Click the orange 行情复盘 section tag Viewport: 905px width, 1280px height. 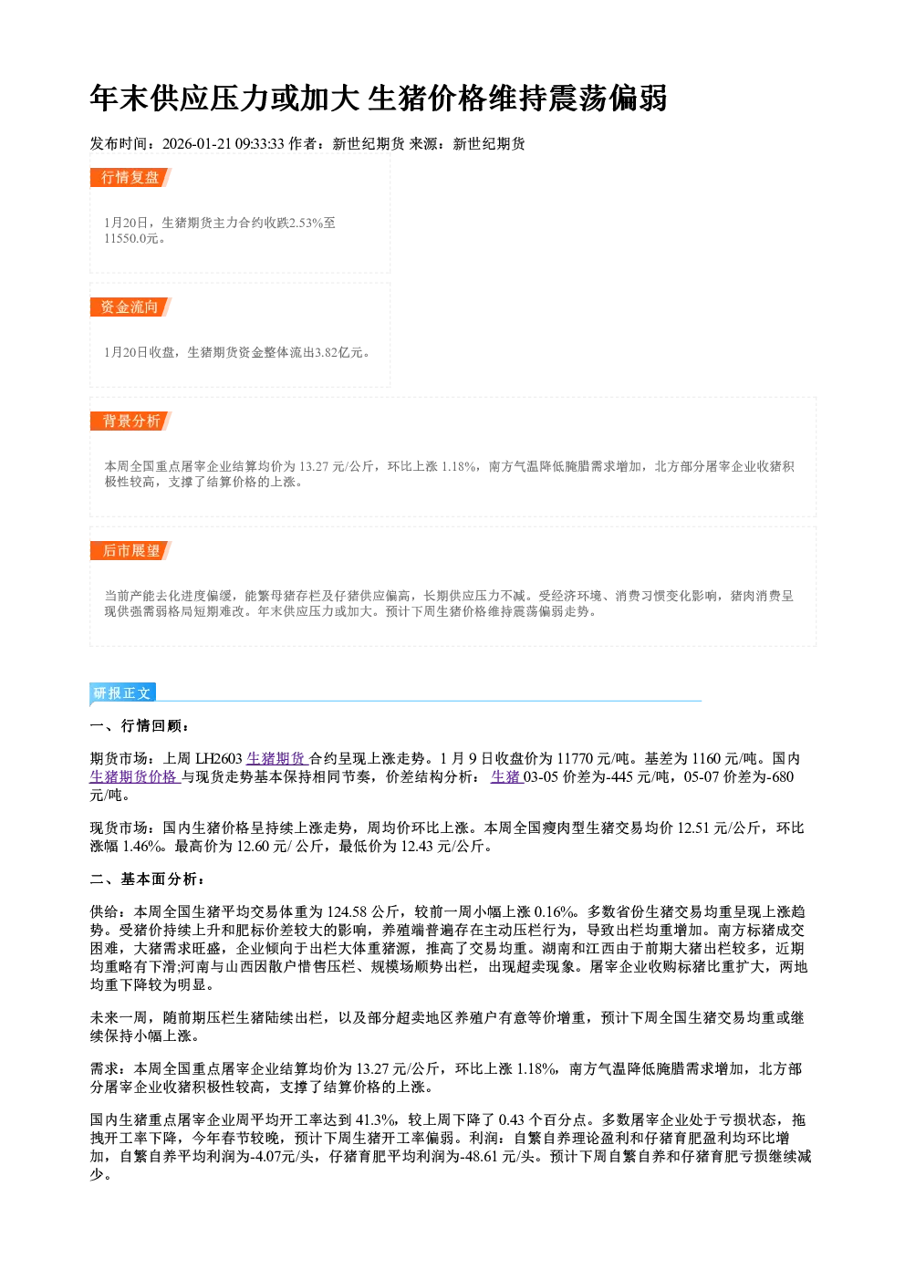(x=130, y=177)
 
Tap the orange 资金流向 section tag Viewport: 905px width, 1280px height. (x=130, y=307)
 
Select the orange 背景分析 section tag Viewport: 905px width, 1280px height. (x=130, y=421)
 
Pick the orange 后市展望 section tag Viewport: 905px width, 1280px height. (x=130, y=550)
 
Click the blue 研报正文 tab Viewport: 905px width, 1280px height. (x=122, y=692)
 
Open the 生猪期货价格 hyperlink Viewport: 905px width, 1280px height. (x=135, y=776)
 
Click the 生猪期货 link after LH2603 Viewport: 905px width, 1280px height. (x=277, y=758)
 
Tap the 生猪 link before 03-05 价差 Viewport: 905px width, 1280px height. (x=506, y=776)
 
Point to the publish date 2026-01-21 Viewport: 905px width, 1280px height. (x=196, y=143)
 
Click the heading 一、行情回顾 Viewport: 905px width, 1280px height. (x=139, y=725)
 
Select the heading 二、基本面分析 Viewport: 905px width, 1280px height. (x=146, y=879)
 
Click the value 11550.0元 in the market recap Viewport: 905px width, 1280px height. (x=130, y=238)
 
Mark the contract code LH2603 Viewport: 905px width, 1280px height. (x=219, y=758)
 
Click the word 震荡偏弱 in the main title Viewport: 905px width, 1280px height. (x=607, y=99)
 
